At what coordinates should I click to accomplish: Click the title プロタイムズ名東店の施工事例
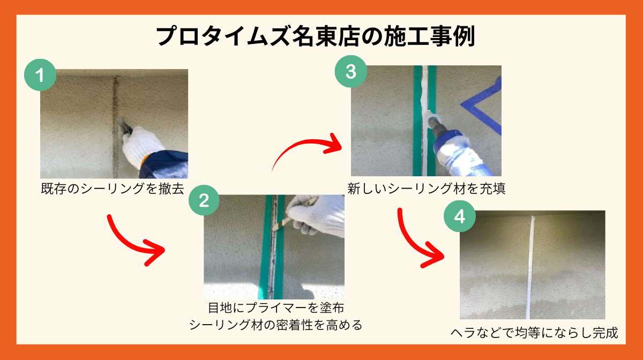(x=316, y=36)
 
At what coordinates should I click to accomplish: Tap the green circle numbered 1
(x=40, y=75)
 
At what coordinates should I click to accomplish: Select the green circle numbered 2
(x=204, y=200)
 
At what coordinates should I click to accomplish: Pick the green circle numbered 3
(x=351, y=71)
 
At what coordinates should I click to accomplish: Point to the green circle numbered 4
(x=460, y=216)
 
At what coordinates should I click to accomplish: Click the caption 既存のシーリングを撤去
(x=113, y=189)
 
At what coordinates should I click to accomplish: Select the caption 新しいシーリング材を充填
(x=427, y=189)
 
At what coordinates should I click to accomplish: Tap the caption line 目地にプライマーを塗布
(x=276, y=307)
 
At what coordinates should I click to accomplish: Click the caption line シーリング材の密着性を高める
(x=276, y=325)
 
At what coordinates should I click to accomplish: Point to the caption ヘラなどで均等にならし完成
(x=534, y=333)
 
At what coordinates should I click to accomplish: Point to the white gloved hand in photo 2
(x=317, y=214)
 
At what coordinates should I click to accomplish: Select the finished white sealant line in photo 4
(x=530, y=267)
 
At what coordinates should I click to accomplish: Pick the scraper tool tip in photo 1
(x=118, y=120)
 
